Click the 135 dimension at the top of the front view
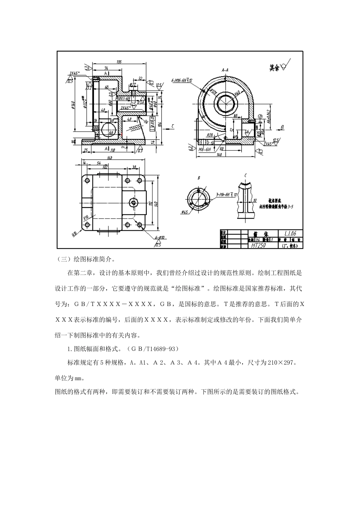click(x=119, y=62)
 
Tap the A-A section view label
click(x=225, y=70)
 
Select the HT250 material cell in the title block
click(x=259, y=245)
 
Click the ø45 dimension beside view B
click(x=185, y=212)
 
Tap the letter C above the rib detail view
click(x=246, y=175)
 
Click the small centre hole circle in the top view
click(x=133, y=202)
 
